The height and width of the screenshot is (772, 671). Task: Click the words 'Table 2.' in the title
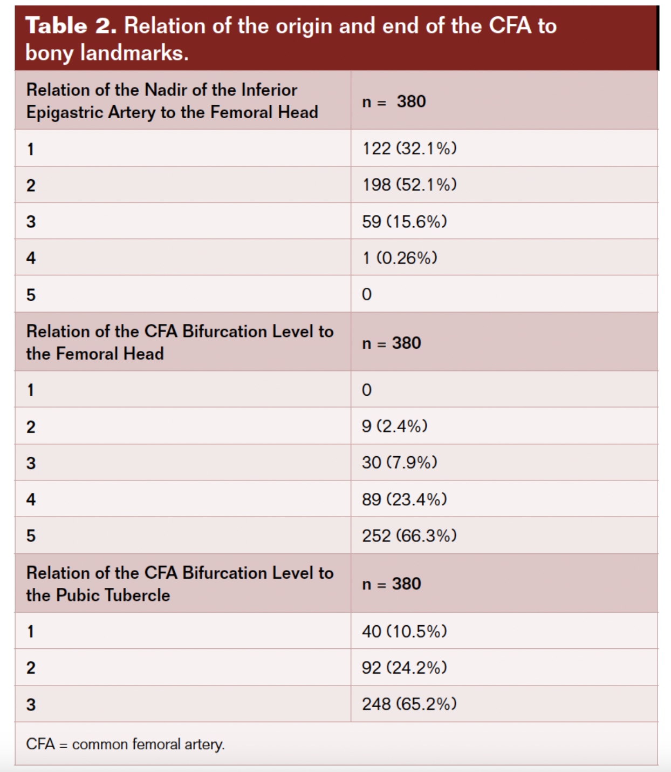[71, 26]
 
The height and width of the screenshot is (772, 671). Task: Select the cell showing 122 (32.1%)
[409, 148]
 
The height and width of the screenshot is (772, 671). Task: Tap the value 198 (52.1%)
[409, 185]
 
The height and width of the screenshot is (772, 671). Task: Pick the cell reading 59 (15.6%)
[405, 221]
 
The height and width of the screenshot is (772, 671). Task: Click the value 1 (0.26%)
[400, 258]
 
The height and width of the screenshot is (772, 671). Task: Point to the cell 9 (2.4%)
[395, 426]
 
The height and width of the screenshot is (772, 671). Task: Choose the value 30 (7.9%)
[400, 463]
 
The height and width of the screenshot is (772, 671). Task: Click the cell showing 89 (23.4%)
[405, 499]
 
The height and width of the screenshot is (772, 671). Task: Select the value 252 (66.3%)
[409, 536]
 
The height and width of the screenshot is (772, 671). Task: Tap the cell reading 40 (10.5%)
[405, 631]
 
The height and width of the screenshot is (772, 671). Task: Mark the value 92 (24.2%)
[405, 668]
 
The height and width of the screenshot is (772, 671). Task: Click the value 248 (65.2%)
[409, 704]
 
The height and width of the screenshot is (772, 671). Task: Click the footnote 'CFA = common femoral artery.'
[125, 744]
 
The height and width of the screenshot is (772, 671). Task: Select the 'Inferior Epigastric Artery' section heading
[172, 101]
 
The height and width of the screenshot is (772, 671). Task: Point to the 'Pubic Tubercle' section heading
[180, 584]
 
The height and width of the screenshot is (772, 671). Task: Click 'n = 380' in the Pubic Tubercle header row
[392, 584]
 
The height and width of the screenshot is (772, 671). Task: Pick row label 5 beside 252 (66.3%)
[31, 536]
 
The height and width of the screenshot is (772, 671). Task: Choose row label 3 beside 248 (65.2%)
[31, 705]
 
